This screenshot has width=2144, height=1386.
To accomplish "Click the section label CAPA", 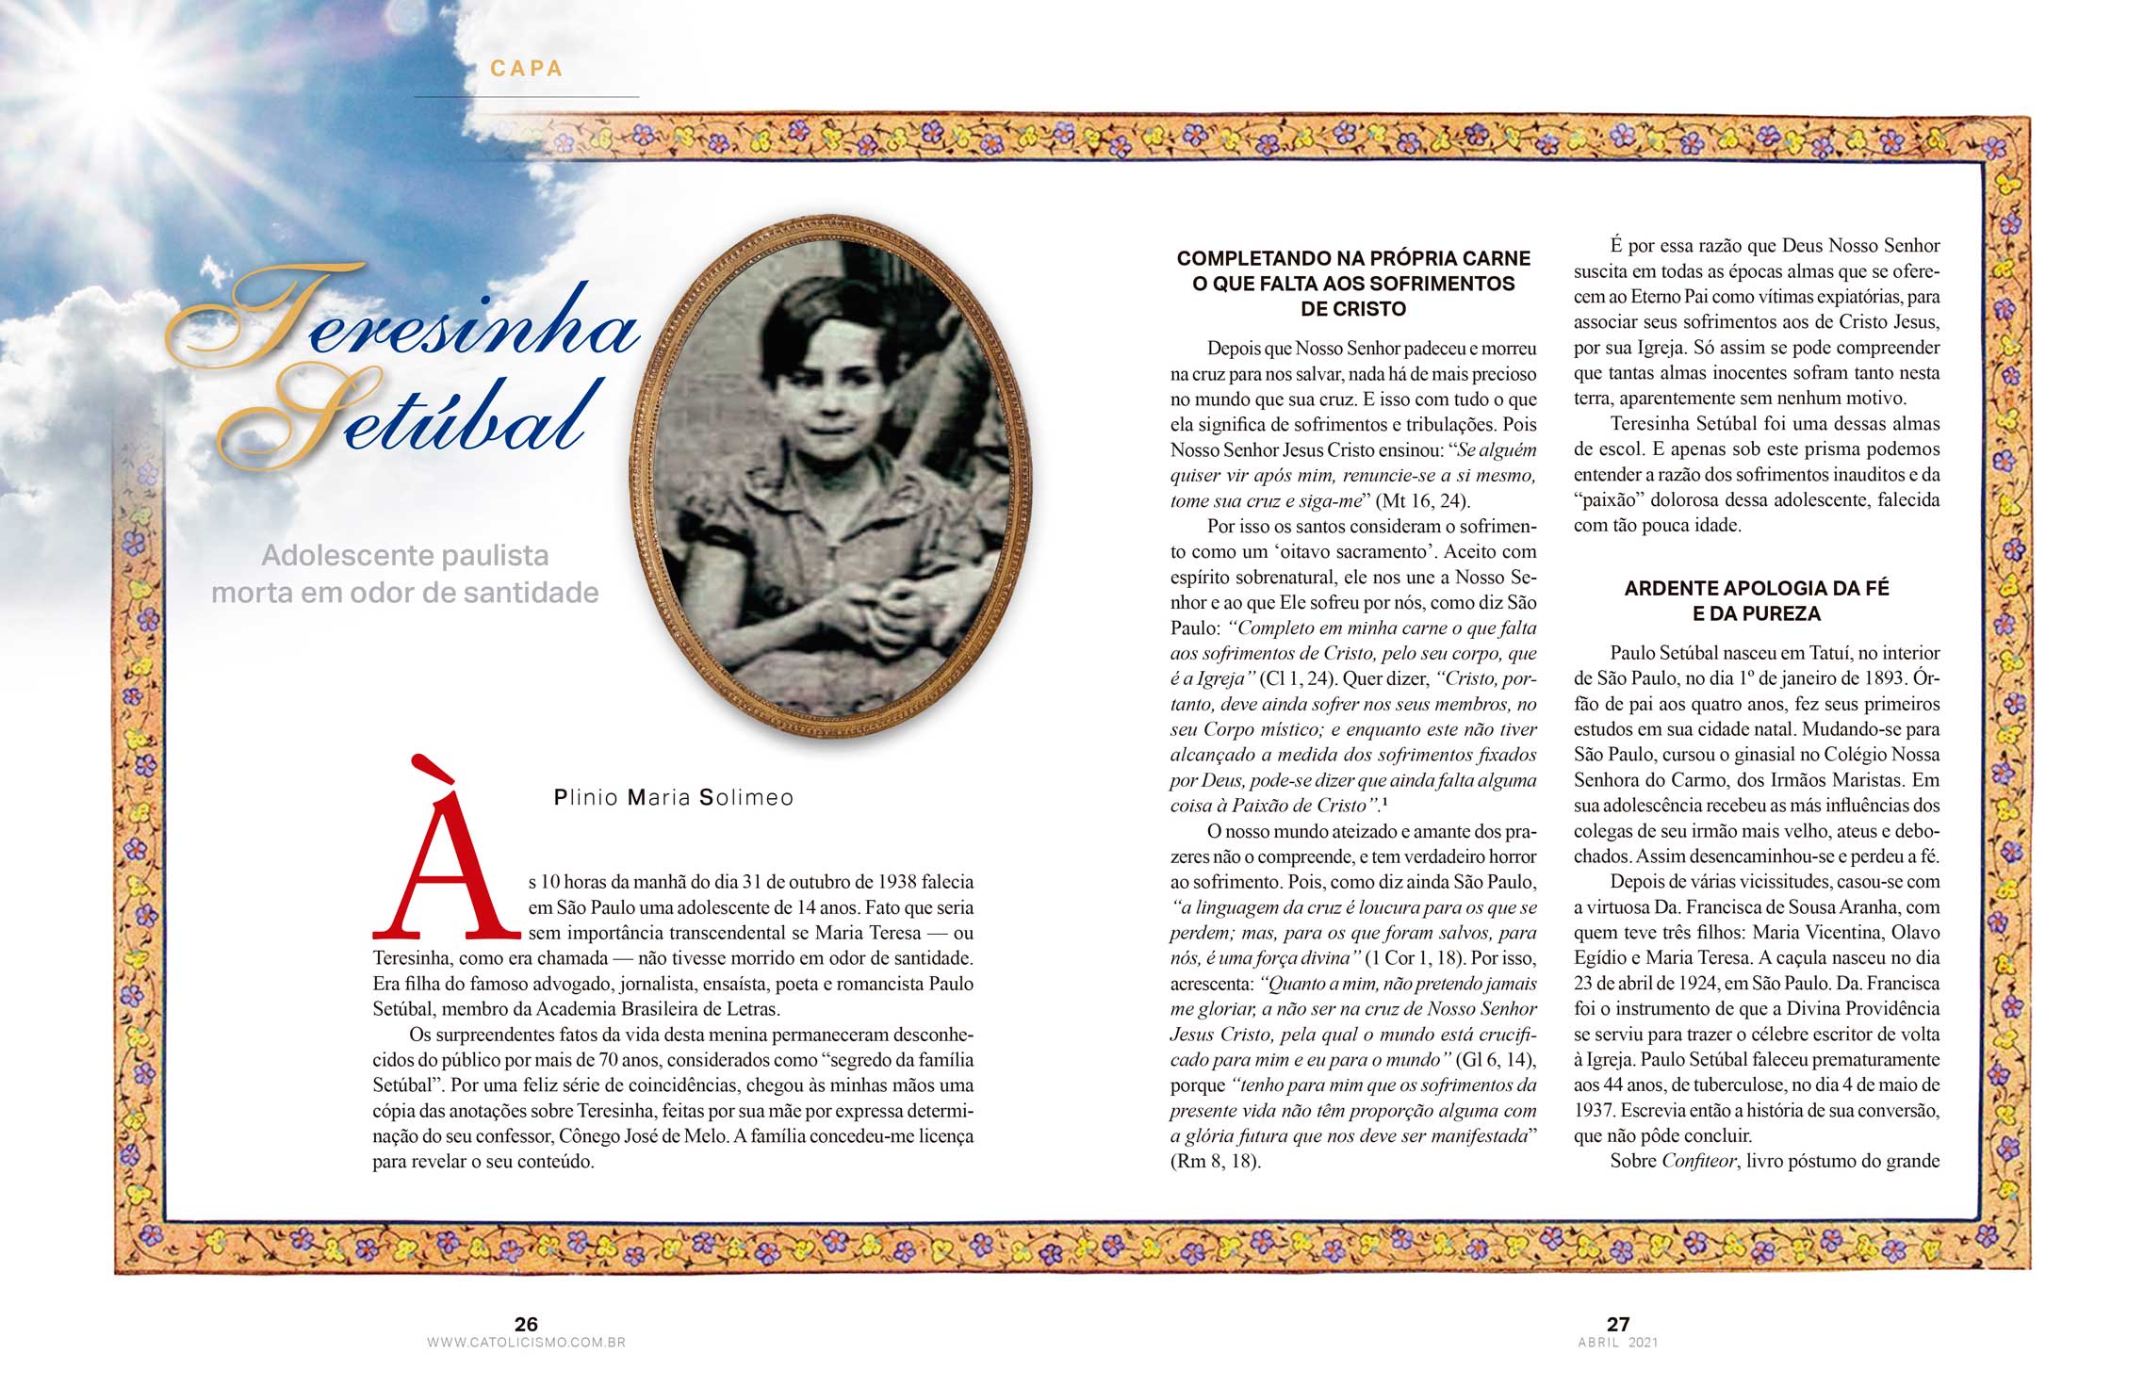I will (526, 69).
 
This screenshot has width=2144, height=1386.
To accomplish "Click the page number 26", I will (526, 1324).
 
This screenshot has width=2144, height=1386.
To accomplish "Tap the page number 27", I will (1618, 1324).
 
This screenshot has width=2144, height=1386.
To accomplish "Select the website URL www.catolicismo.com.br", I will (526, 1343).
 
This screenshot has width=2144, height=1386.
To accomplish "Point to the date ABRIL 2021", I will (1618, 1343).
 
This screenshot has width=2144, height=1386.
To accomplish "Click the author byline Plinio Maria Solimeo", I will (674, 798).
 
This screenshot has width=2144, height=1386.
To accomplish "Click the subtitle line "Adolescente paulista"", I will (405, 556).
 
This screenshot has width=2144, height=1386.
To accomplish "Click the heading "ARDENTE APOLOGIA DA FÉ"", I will (1757, 589).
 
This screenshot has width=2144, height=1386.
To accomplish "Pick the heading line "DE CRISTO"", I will (1353, 309).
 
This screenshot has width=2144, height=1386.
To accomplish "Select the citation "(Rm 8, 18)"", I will (1216, 1162).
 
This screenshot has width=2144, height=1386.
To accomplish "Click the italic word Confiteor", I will (1698, 1162).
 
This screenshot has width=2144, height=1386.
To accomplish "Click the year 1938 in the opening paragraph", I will (897, 882).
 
